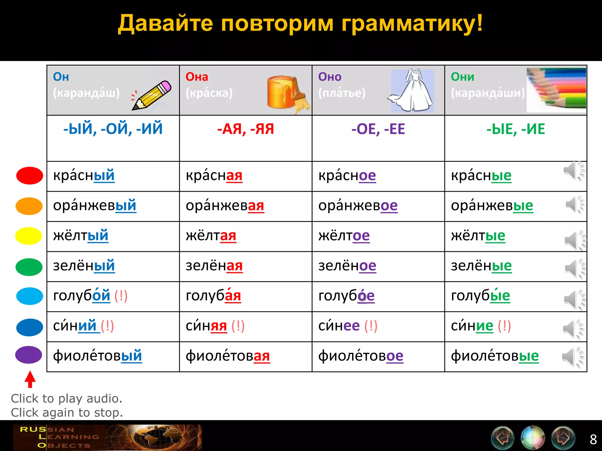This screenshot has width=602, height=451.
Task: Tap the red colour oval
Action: [29, 176]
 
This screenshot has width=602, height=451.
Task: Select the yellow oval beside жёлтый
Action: [29, 236]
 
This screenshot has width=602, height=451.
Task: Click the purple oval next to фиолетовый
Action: [29, 355]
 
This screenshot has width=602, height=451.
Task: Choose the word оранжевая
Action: [225, 206]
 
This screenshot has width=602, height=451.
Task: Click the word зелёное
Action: [347, 266]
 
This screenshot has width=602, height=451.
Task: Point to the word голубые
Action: [480, 296]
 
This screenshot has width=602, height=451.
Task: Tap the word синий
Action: [75, 326]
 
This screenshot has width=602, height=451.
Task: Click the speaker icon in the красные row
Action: [573, 171]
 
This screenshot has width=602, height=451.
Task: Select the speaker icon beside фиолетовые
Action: [572, 357]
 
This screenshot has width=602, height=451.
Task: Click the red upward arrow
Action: [30, 379]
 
